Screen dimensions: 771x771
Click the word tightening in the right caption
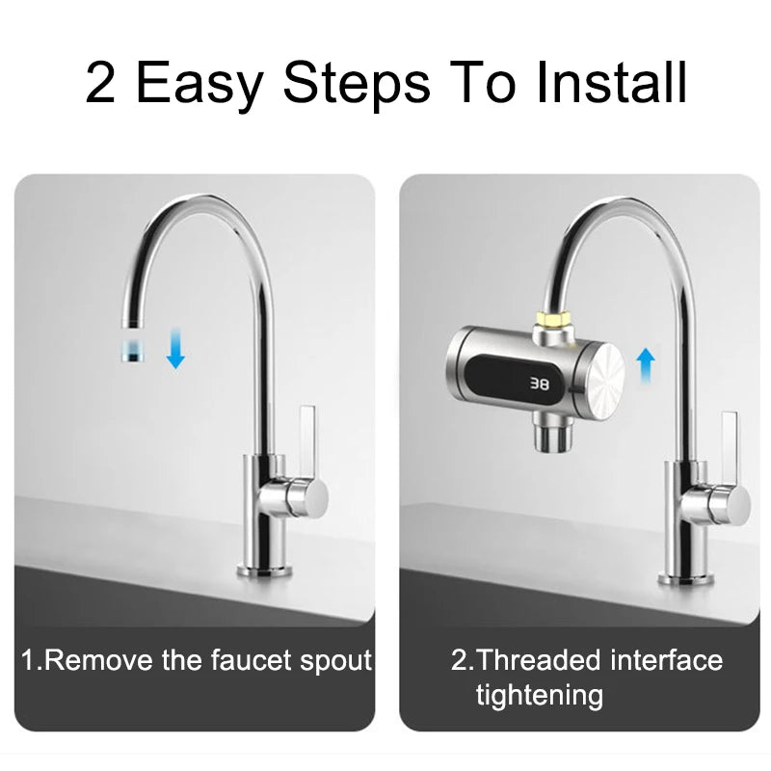(539, 695)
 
